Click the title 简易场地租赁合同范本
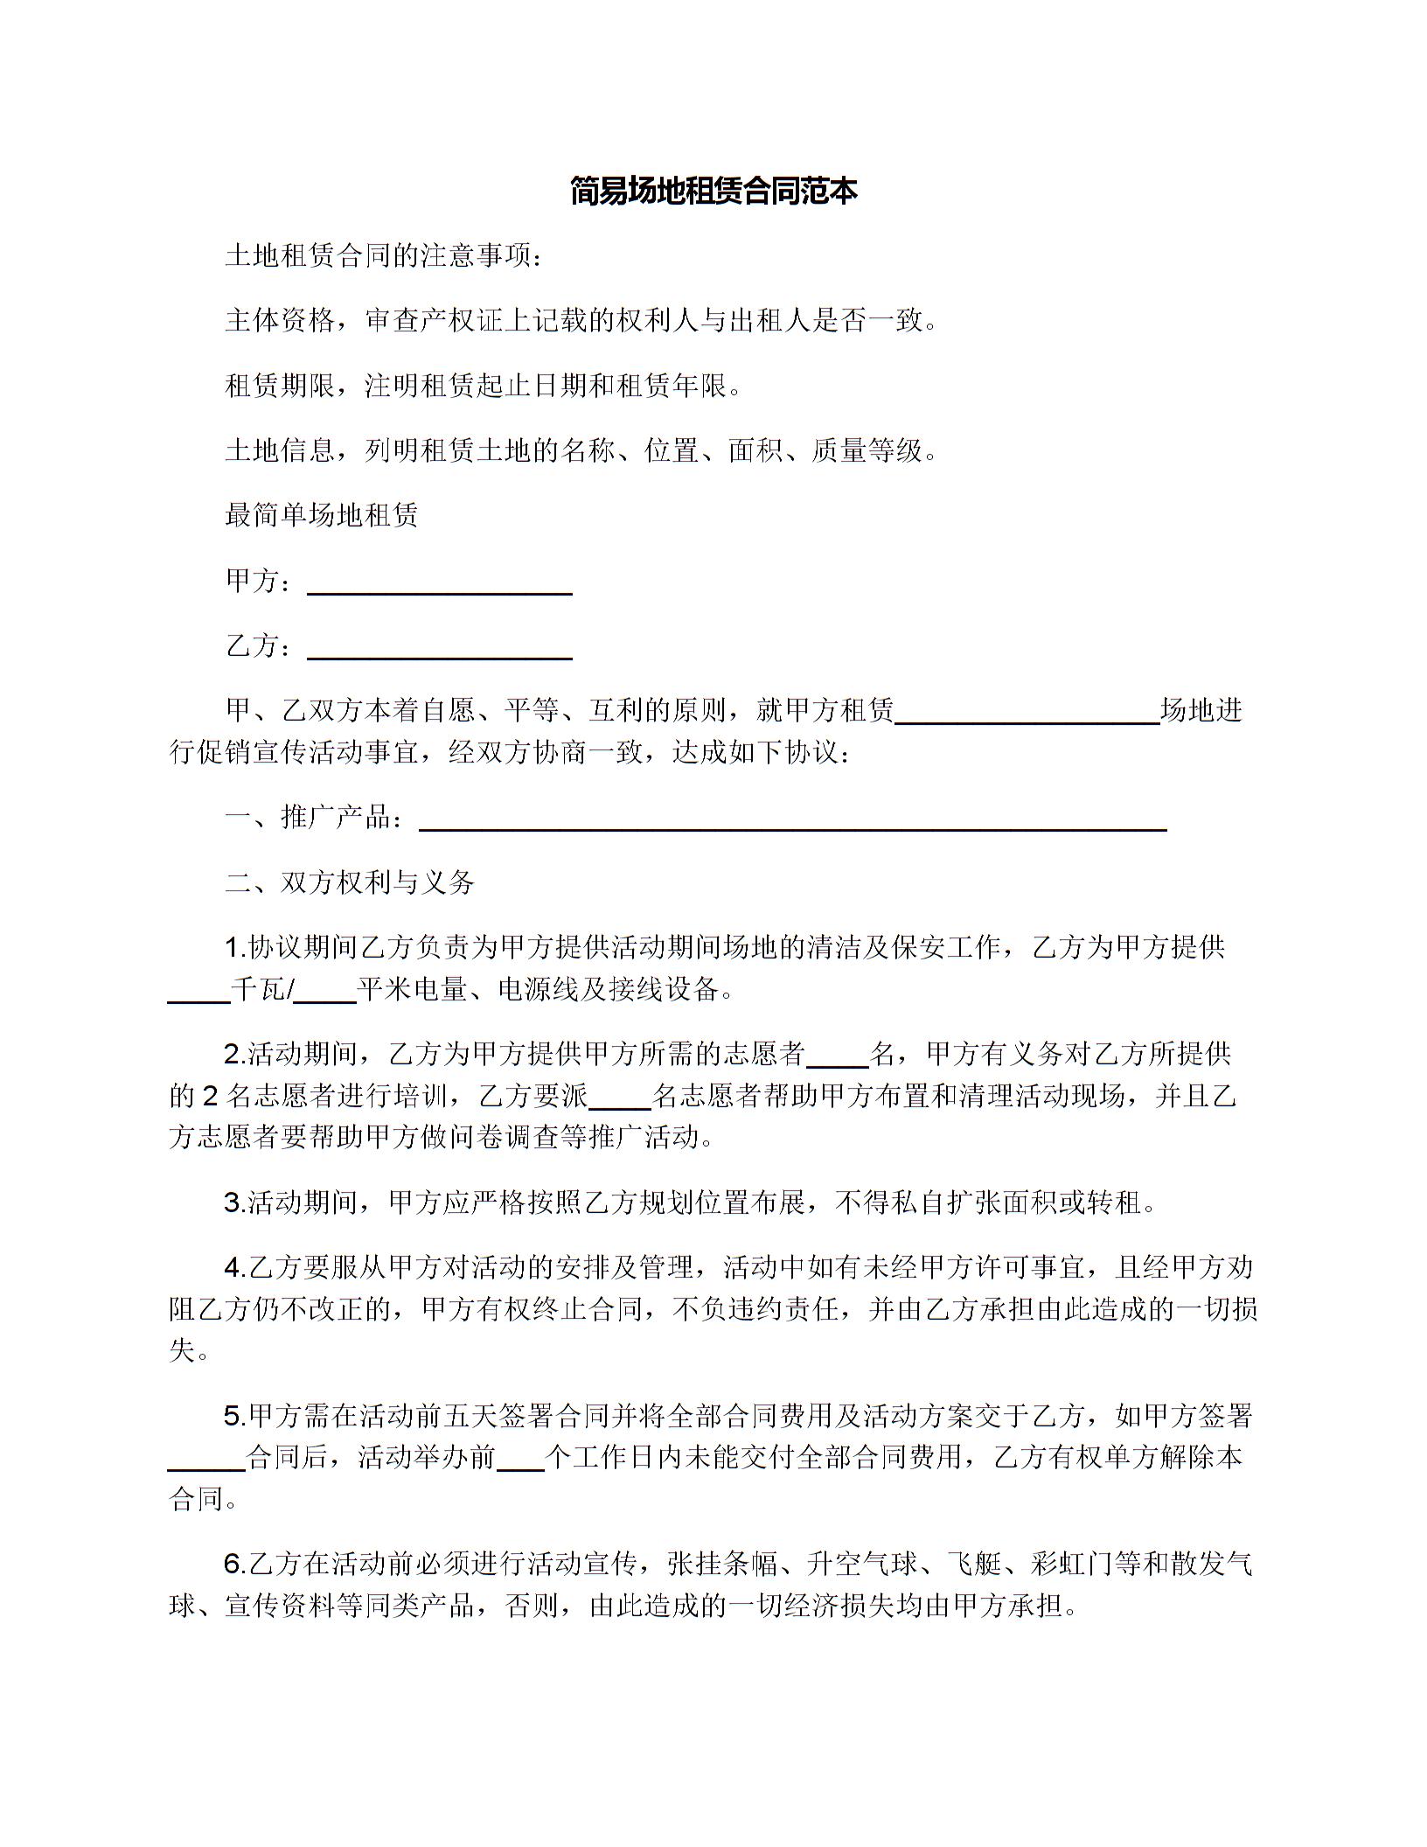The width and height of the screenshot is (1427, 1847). coord(713,191)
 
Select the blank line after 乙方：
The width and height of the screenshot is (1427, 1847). coord(440,647)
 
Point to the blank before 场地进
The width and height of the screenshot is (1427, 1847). coord(1027,712)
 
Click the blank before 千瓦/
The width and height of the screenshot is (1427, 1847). coord(198,991)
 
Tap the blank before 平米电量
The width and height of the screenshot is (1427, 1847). coord(324,991)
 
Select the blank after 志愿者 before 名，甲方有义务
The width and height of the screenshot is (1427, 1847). coord(837,1056)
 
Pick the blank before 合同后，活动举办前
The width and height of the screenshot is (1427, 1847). coord(206,1458)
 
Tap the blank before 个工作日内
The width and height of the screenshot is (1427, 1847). coord(520,1458)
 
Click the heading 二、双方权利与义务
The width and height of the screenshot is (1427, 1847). coord(350,882)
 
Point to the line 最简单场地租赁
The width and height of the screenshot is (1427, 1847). coord(322,515)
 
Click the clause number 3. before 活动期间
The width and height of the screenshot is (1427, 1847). coord(234,1203)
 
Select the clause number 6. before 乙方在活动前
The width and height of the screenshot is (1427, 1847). coord(235,1564)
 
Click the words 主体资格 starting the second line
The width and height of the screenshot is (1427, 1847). coord(280,321)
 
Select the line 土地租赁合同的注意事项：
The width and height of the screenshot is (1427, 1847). coord(385,256)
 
